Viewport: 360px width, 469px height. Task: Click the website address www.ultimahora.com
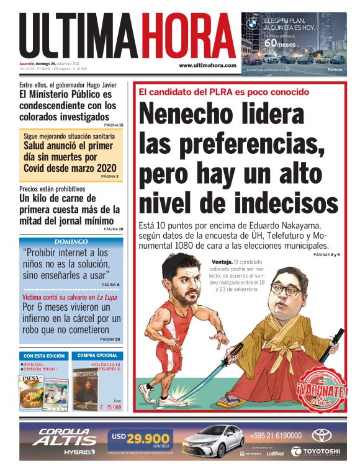tap(207, 65)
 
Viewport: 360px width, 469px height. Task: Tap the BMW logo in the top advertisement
tap(252, 24)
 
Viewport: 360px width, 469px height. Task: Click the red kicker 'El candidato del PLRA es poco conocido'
tap(223, 92)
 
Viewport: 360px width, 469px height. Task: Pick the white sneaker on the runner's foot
tap(147, 393)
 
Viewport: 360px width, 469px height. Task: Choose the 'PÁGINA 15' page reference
tap(113, 125)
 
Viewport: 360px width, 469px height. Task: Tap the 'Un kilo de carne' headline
tap(69, 210)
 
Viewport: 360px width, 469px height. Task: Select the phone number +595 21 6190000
tap(276, 435)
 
